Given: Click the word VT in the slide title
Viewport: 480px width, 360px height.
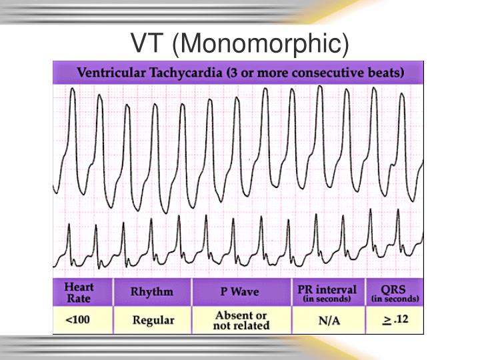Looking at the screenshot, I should click(147, 43).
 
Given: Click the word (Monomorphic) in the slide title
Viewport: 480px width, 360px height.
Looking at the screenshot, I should click(260, 44).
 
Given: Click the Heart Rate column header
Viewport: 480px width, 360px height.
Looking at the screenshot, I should click(79, 292).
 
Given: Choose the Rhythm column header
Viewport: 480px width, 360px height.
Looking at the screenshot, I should click(152, 291).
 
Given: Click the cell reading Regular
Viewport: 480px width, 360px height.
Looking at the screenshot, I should click(153, 321).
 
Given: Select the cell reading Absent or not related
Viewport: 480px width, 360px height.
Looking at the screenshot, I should click(241, 320).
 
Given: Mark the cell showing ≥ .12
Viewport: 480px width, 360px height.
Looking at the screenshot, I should click(394, 320).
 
